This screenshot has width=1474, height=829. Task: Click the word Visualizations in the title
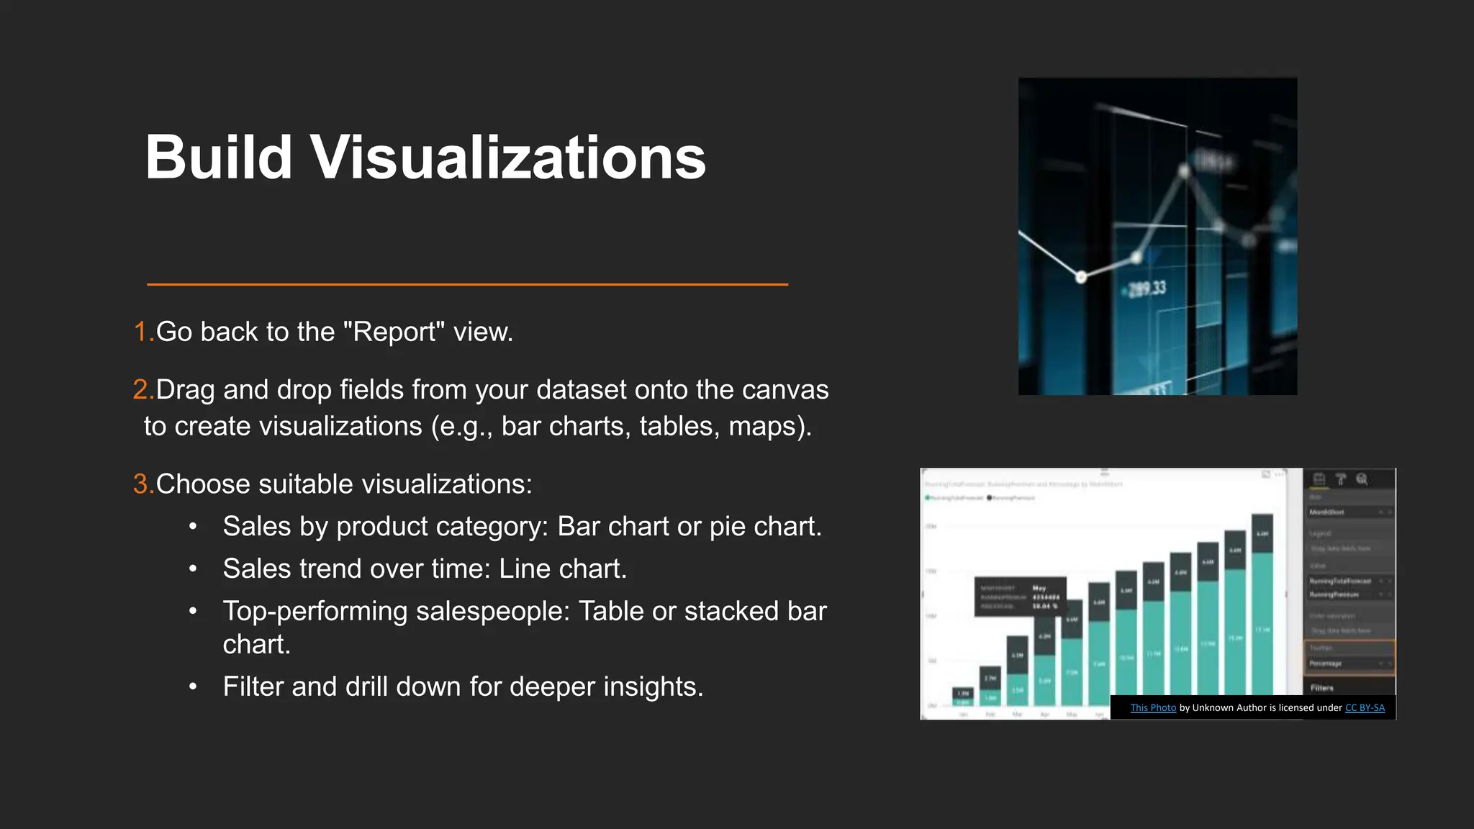tap(508, 158)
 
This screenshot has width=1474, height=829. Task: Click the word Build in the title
tap(218, 158)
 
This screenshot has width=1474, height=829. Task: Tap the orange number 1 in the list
tap(141, 332)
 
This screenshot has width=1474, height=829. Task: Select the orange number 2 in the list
tap(141, 390)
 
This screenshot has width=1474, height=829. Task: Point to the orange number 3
tap(141, 484)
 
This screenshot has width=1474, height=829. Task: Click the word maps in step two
tap(765, 427)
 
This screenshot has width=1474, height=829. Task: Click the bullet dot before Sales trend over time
tap(193, 569)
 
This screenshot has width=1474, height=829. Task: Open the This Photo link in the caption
tap(1153, 708)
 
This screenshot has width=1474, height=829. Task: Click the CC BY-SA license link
tap(1365, 708)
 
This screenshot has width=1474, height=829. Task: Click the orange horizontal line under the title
tap(468, 285)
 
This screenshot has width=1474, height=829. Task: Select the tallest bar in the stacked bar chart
tap(1262, 604)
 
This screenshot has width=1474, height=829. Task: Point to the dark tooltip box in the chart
tap(1020, 597)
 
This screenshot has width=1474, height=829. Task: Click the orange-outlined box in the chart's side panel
tap(1349, 657)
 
